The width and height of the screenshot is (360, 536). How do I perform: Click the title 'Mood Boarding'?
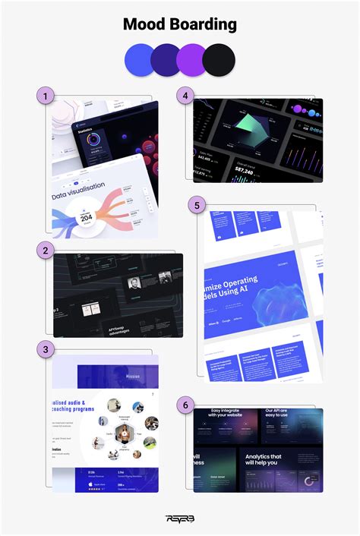tap(180, 24)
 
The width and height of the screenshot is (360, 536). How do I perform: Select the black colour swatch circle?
tap(219, 58)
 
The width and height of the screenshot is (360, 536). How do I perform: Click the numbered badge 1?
tap(46, 96)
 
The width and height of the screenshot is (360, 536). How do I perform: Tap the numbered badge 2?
tap(46, 250)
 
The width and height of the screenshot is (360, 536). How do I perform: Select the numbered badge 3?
tap(46, 348)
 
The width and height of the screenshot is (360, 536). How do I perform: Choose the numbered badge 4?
tap(183, 96)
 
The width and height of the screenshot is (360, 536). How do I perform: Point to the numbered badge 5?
tap(197, 205)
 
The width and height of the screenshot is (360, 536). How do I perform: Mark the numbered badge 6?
tap(183, 405)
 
